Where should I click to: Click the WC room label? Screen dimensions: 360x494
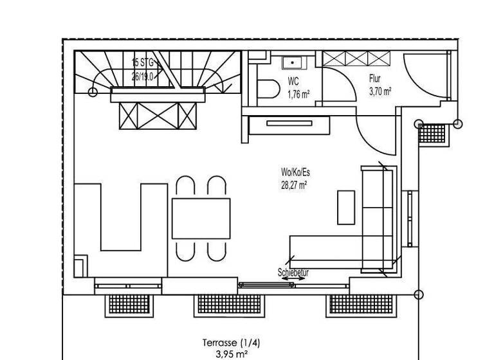(293, 82)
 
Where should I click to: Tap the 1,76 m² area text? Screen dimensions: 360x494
(298, 94)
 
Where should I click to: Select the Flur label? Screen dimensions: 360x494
(375, 79)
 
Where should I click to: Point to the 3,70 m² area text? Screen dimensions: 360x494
(380, 91)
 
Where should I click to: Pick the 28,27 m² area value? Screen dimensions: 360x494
(293, 184)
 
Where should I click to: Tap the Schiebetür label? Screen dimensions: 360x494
(293, 273)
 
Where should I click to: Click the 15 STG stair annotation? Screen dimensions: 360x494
(143, 62)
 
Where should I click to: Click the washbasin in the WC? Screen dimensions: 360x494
(293, 63)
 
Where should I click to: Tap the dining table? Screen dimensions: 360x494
(201, 219)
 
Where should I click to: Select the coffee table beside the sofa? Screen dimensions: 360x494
(346, 206)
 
